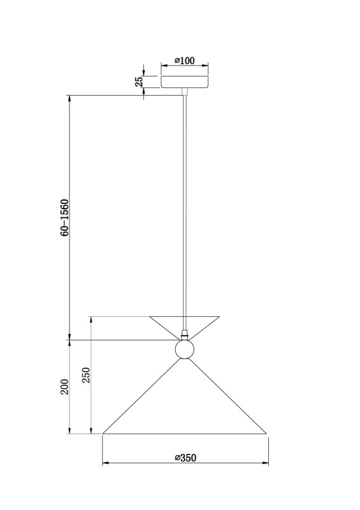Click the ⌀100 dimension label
184,61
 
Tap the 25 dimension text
139,82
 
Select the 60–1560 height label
65,217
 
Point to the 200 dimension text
65,387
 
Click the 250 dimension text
86,375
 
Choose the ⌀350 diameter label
185,458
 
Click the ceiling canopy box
185,82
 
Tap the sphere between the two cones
185,349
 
